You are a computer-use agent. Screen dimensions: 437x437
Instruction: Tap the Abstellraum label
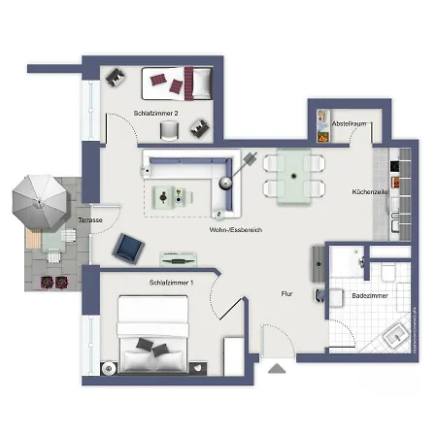[x=347, y=124]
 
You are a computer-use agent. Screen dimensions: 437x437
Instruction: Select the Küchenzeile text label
[x=369, y=192]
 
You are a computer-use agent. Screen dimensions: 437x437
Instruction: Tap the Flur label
[x=286, y=292]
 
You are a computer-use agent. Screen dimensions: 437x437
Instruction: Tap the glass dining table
[x=293, y=178]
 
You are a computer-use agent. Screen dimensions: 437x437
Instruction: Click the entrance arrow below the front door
[x=278, y=368]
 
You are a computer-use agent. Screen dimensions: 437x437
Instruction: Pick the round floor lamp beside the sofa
[x=227, y=182]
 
